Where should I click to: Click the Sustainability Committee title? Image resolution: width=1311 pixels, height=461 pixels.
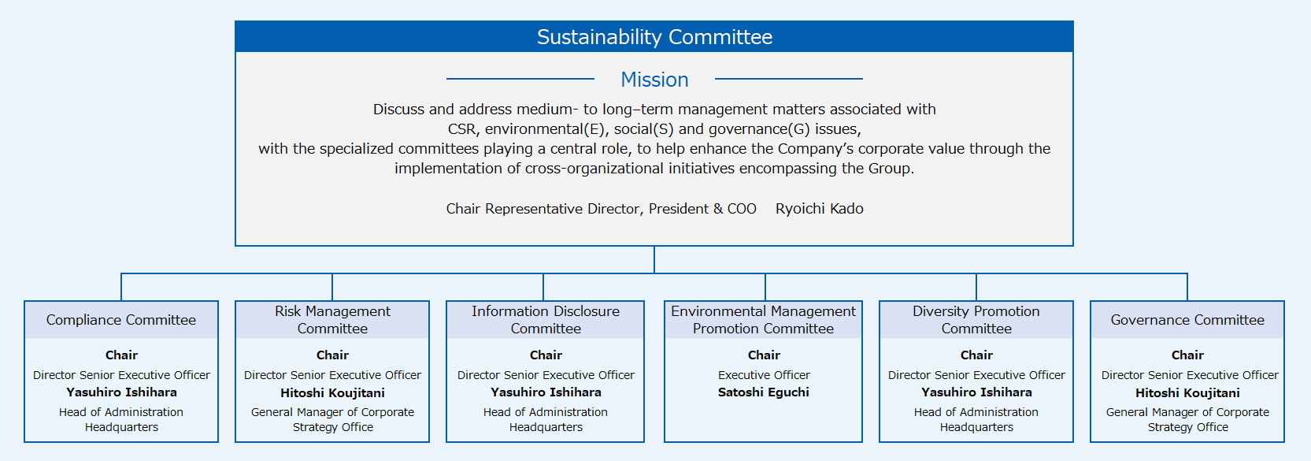tap(654, 37)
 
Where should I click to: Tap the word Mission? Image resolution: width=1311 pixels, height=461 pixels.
tap(654, 79)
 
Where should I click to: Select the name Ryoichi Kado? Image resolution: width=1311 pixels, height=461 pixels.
tap(820, 209)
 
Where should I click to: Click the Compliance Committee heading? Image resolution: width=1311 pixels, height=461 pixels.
tap(121, 320)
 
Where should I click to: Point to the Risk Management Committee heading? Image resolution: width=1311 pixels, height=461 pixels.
tap(332, 320)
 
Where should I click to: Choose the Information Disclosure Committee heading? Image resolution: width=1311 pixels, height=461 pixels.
tap(546, 320)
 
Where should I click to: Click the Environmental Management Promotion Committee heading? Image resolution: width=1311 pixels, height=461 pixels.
tap(763, 320)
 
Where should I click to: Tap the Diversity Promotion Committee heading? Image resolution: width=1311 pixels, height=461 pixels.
tap(976, 320)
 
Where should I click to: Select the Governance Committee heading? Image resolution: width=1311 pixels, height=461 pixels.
tap(1187, 320)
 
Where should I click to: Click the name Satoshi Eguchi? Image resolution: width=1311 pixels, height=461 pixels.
tap(764, 392)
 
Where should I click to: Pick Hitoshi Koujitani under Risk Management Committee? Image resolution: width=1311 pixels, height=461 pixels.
tap(332, 393)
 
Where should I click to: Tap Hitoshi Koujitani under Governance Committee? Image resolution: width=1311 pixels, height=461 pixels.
tap(1187, 393)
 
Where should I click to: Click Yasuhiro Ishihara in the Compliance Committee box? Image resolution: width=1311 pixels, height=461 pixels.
tap(121, 392)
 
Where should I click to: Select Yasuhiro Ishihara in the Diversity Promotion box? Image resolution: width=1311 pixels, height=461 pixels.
tap(976, 392)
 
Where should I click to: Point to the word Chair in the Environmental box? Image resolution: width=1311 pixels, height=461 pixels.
tap(764, 355)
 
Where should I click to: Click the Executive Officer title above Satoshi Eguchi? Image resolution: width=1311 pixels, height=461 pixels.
tap(764, 375)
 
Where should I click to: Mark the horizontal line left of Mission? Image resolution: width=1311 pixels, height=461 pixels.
tap(520, 79)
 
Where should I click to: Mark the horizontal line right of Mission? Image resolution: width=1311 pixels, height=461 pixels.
tap(789, 79)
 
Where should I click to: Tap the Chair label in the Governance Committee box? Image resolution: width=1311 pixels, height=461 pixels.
tap(1187, 355)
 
